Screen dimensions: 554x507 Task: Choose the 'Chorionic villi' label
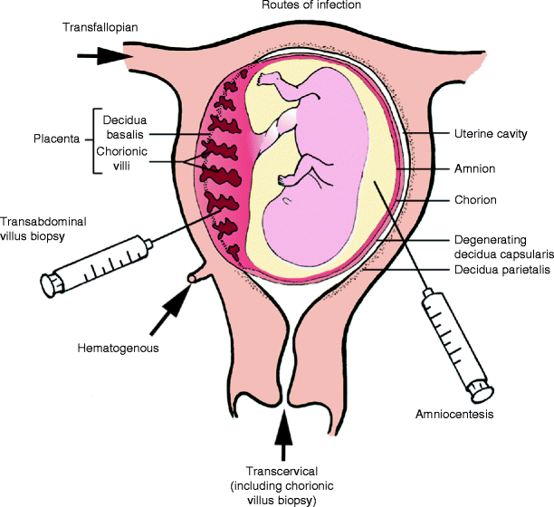[125, 158]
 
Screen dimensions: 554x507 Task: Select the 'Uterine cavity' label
[491, 134]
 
